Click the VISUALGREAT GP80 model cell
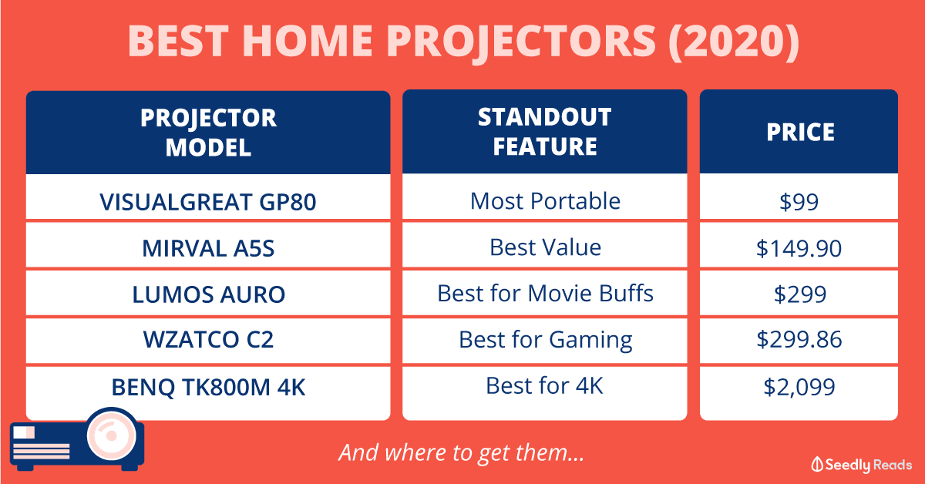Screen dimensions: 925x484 [x=208, y=202]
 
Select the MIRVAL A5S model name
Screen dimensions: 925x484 [x=208, y=248]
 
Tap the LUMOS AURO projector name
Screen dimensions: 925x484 [x=208, y=294]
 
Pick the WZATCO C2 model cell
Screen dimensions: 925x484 [x=208, y=339]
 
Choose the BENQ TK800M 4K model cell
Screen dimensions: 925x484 [x=208, y=388]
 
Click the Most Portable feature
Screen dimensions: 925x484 [x=545, y=201]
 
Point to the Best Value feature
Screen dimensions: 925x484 [x=545, y=247]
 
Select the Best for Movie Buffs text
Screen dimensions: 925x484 [x=545, y=294]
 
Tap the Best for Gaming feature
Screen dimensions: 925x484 [x=545, y=341]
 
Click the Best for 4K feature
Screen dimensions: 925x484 [x=544, y=385]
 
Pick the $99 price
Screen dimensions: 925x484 [x=799, y=202]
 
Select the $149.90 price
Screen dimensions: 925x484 [x=799, y=248]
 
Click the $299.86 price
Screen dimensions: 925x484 [x=799, y=339]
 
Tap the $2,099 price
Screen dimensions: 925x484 [x=799, y=387]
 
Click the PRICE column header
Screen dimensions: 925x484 [x=800, y=132]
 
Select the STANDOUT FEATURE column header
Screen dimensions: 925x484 [x=545, y=132]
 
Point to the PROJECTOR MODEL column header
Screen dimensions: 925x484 [x=208, y=133]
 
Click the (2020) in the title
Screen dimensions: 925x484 [x=734, y=41]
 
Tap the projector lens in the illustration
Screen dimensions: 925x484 [x=112, y=435]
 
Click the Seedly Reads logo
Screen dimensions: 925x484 [x=862, y=465]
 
